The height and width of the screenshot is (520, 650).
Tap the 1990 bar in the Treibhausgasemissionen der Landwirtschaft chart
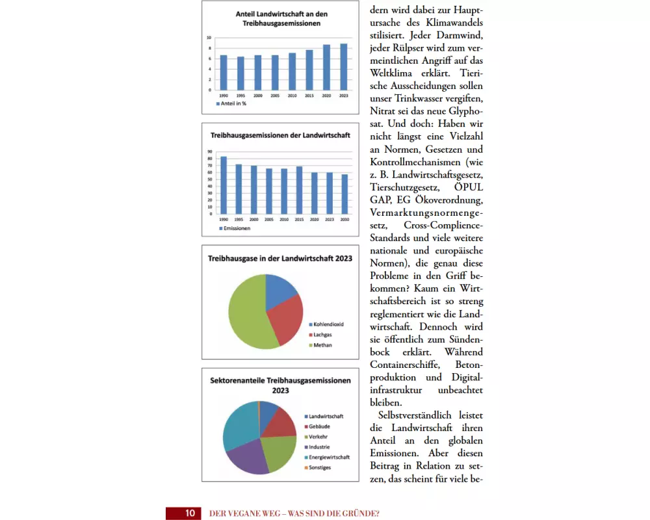coord(224,185)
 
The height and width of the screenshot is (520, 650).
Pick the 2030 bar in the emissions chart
coord(344,194)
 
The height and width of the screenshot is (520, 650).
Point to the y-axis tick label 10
coord(209,38)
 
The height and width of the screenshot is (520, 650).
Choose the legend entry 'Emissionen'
coord(235,228)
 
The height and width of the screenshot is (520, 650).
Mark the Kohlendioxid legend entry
coord(326,324)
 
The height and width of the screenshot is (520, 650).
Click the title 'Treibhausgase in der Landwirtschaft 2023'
coord(280,259)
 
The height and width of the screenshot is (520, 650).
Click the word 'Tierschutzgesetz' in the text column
coord(405,187)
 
